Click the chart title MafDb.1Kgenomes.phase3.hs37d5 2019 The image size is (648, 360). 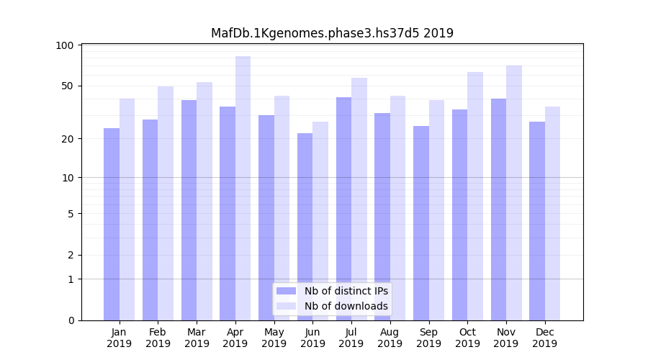(332, 33)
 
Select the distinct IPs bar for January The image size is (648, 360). (112, 224)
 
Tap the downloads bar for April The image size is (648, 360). (243, 188)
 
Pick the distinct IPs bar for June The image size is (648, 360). (305, 227)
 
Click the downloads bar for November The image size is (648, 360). (513, 193)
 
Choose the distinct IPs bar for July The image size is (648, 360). (343, 209)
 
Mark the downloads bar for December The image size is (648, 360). (552, 213)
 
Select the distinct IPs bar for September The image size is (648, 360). (421, 223)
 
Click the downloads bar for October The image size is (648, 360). (475, 196)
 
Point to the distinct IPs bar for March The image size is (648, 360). (189, 210)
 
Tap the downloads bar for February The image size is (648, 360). (166, 203)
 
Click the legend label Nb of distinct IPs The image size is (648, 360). (346, 291)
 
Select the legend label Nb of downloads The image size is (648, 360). (346, 306)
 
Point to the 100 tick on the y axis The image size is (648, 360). (65, 45)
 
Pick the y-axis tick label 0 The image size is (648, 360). (71, 320)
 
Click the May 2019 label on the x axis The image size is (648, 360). (274, 338)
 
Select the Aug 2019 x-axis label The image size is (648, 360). (390, 338)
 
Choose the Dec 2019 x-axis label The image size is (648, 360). (544, 338)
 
